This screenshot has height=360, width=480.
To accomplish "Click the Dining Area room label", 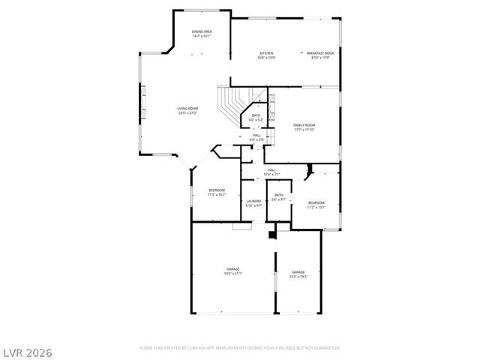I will click(201, 31).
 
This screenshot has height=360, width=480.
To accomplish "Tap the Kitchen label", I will click(266, 53).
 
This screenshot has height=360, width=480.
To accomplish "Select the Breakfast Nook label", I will click(320, 53).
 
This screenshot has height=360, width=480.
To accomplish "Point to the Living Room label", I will click(187, 109).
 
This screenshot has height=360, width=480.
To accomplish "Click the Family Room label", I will click(304, 124).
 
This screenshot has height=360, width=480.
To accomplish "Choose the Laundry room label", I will click(253, 200).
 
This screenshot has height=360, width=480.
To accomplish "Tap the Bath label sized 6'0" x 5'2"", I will click(256, 115).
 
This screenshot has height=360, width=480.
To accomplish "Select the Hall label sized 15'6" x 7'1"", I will click(271, 170).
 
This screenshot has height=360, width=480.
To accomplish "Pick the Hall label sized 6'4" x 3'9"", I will click(256, 135).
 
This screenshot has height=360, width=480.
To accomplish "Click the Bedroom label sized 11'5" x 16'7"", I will click(217, 190).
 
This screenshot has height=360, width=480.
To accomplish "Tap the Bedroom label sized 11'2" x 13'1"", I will click(316, 202).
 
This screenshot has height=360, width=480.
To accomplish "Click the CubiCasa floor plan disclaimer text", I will click(240, 348).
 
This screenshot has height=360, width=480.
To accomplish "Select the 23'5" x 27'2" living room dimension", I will click(187, 113).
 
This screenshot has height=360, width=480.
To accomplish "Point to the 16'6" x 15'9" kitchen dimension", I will click(266, 58).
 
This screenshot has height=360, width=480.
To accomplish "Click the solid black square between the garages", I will click(272, 235).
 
